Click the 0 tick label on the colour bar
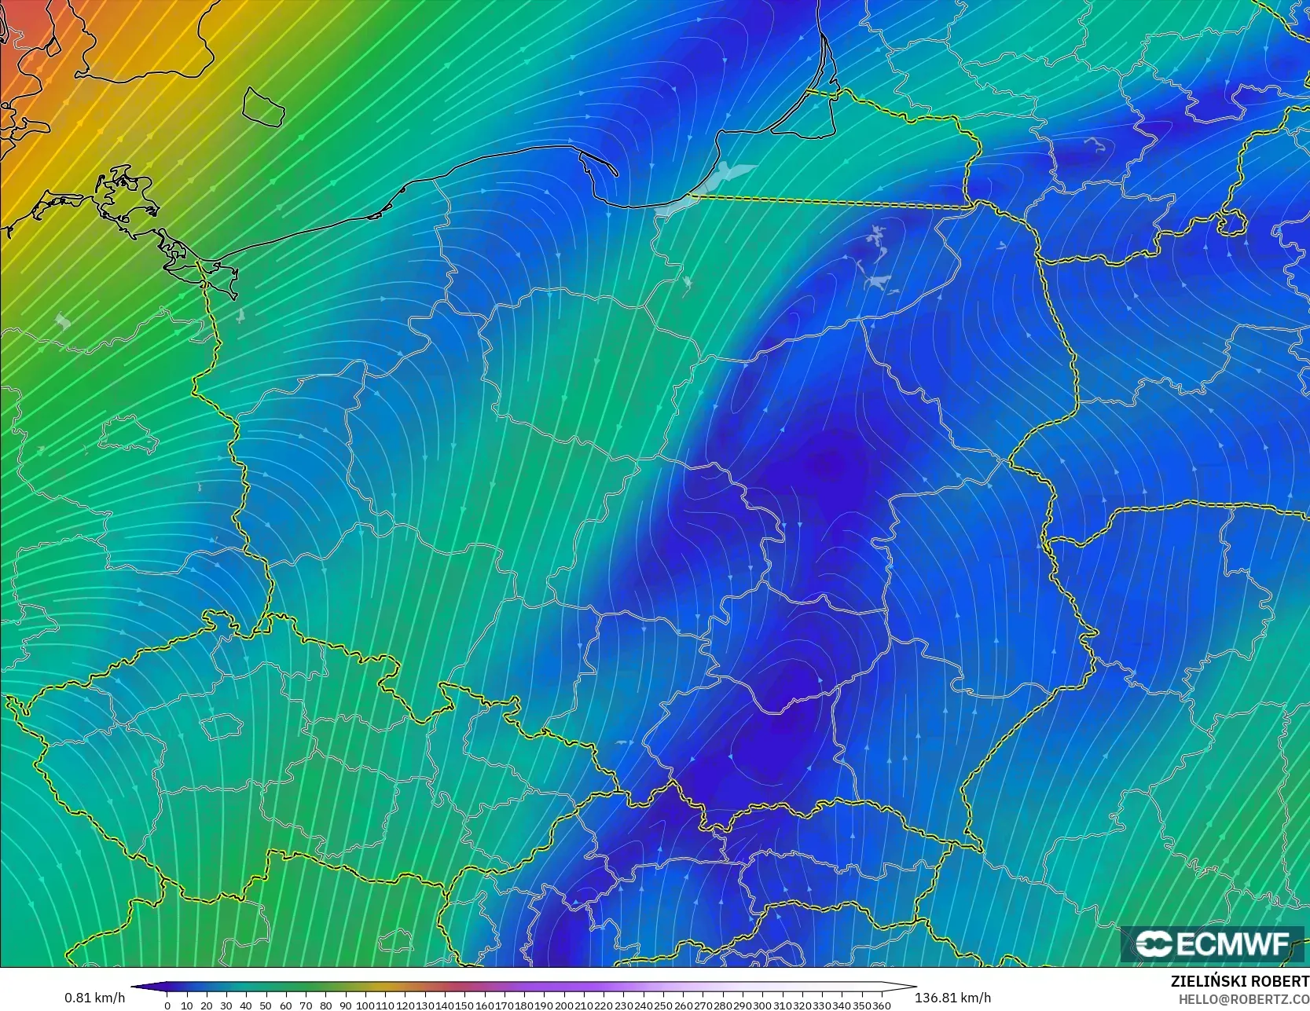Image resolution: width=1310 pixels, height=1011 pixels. point(167,1006)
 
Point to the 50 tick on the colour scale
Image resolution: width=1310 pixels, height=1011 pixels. point(266,1006)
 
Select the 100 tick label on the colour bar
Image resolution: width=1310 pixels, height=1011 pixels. point(365,1006)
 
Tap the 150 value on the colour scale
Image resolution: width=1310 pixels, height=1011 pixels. point(464,1006)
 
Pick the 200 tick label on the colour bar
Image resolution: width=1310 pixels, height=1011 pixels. point(564,1006)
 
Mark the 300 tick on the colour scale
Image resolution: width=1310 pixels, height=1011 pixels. point(762,1006)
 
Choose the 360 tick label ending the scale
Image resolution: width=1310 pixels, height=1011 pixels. point(881,1006)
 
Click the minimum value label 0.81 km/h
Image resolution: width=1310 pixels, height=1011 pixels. point(94,998)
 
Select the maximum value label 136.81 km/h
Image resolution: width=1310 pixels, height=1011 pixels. point(952,998)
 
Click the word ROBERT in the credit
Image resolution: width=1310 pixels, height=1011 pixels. point(1277,981)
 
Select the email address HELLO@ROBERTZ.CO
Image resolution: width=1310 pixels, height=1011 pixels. point(1243,998)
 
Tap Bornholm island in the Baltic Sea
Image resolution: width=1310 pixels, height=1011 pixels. point(263,106)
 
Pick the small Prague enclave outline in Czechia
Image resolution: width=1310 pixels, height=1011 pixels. point(221,726)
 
